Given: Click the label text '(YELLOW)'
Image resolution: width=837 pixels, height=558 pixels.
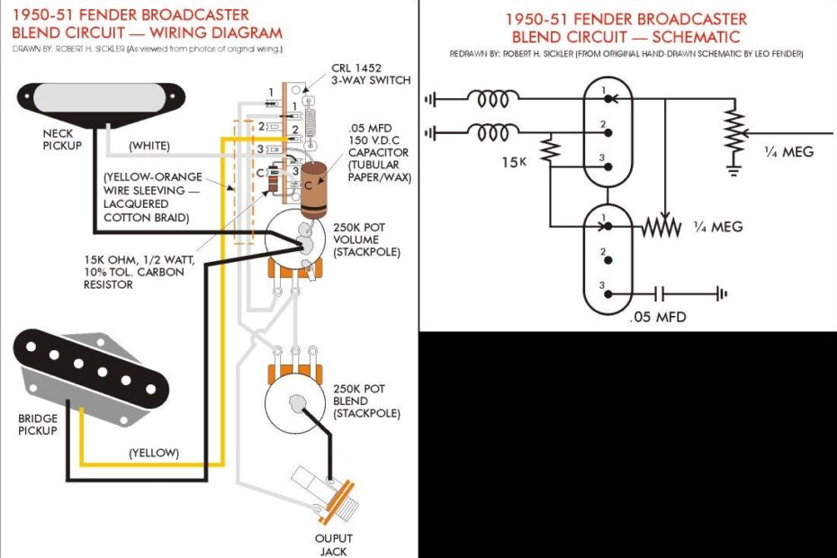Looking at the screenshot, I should pos(154,452).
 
